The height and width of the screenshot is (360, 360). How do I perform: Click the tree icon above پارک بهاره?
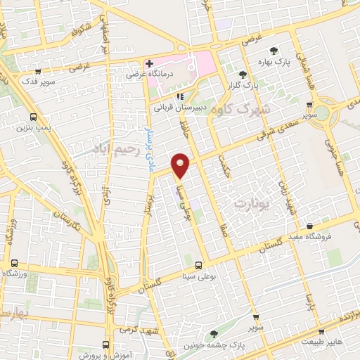274,49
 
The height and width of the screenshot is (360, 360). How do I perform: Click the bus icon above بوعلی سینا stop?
198,265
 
